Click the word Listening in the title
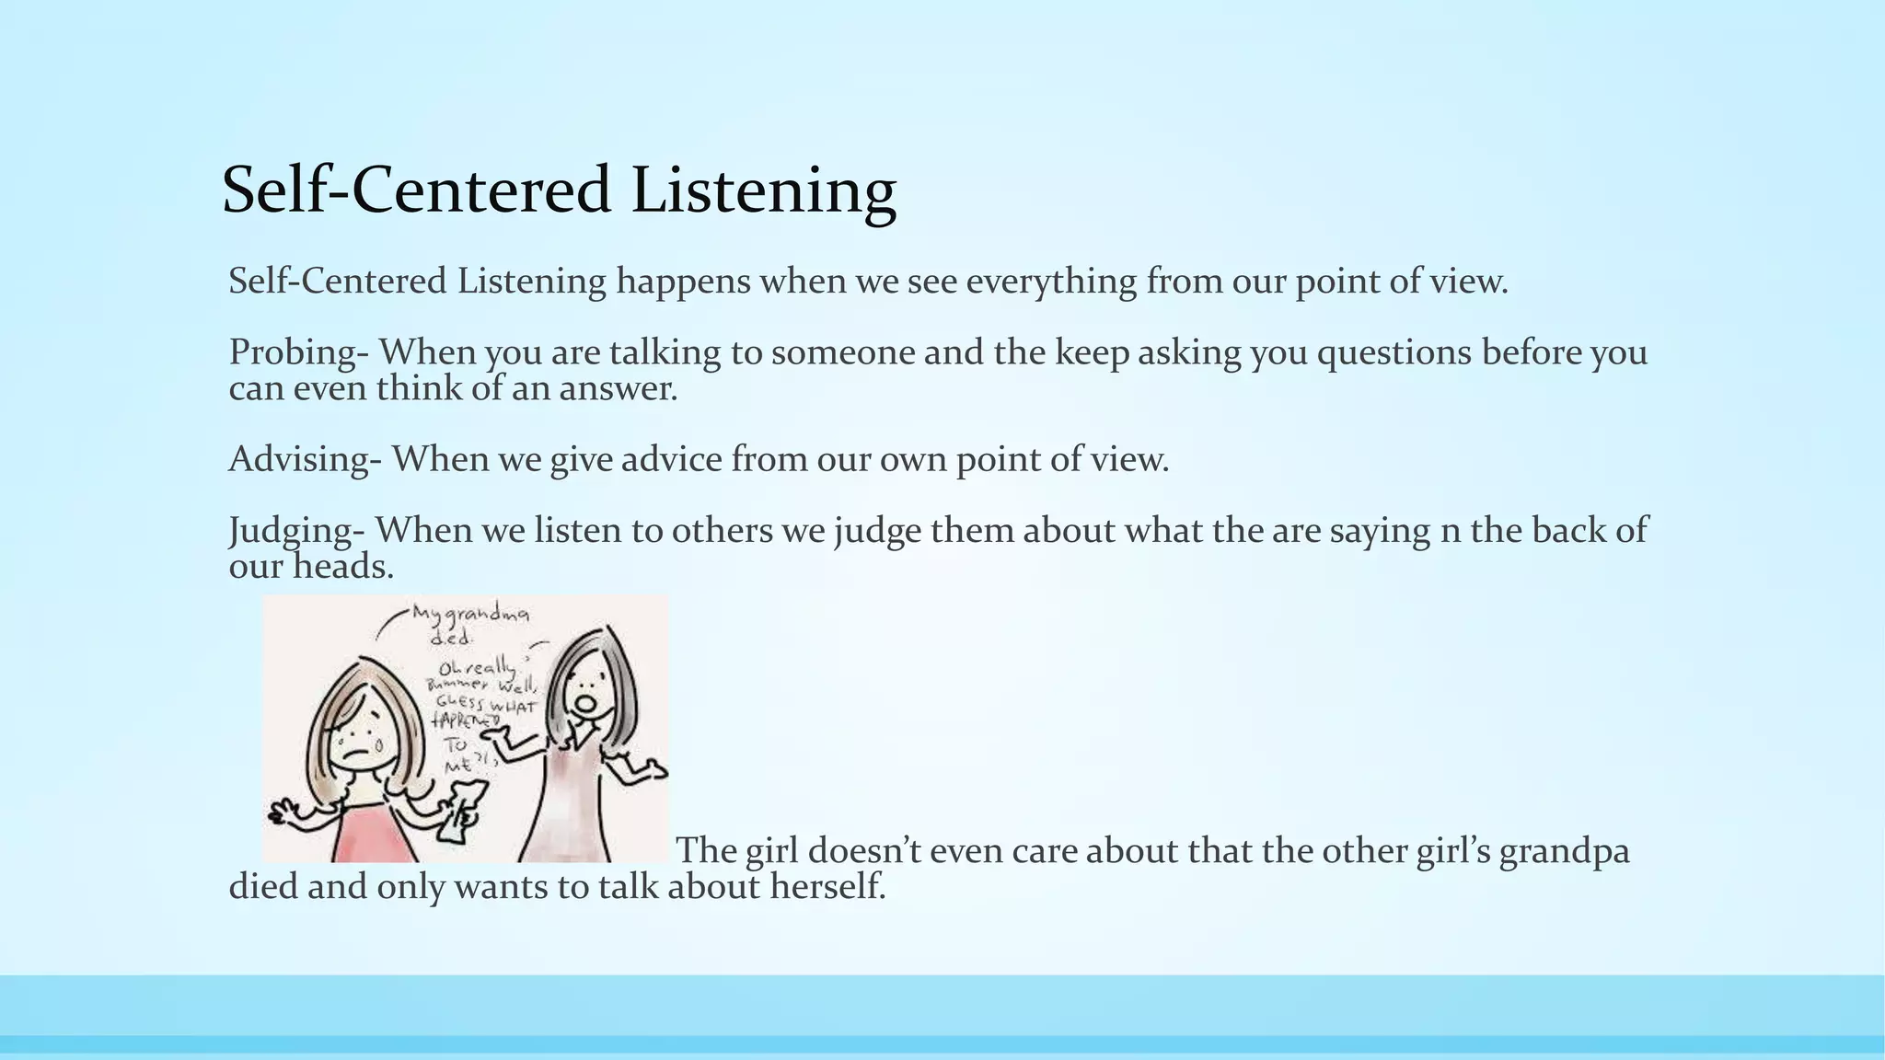click(764, 190)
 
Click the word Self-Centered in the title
click(417, 190)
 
